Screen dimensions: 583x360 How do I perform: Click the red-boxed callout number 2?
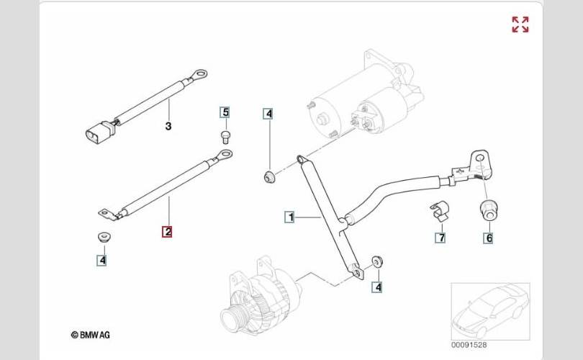(x=167, y=232)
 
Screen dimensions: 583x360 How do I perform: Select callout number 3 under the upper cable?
(x=168, y=126)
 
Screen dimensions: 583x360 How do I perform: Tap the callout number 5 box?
(x=225, y=112)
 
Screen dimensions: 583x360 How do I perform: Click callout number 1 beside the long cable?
(x=290, y=217)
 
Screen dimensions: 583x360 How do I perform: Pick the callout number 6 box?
(x=489, y=238)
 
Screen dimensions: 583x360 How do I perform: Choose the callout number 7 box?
(x=440, y=238)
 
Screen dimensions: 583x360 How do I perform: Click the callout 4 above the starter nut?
(x=268, y=114)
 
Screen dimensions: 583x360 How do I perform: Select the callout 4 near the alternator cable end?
(x=378, y=287)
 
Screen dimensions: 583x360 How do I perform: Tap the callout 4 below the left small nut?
(x=102, y=261)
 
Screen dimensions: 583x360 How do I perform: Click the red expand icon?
(x=520, y=24)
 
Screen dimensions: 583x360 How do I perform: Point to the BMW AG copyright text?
(x=91, y=335)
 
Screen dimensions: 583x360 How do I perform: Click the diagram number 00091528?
(x=469, y=345)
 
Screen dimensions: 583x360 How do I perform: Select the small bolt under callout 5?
(x=225, y=136)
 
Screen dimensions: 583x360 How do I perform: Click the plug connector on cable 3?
(x=99, y=132)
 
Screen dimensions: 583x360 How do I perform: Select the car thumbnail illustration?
(x=490, y=311)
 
